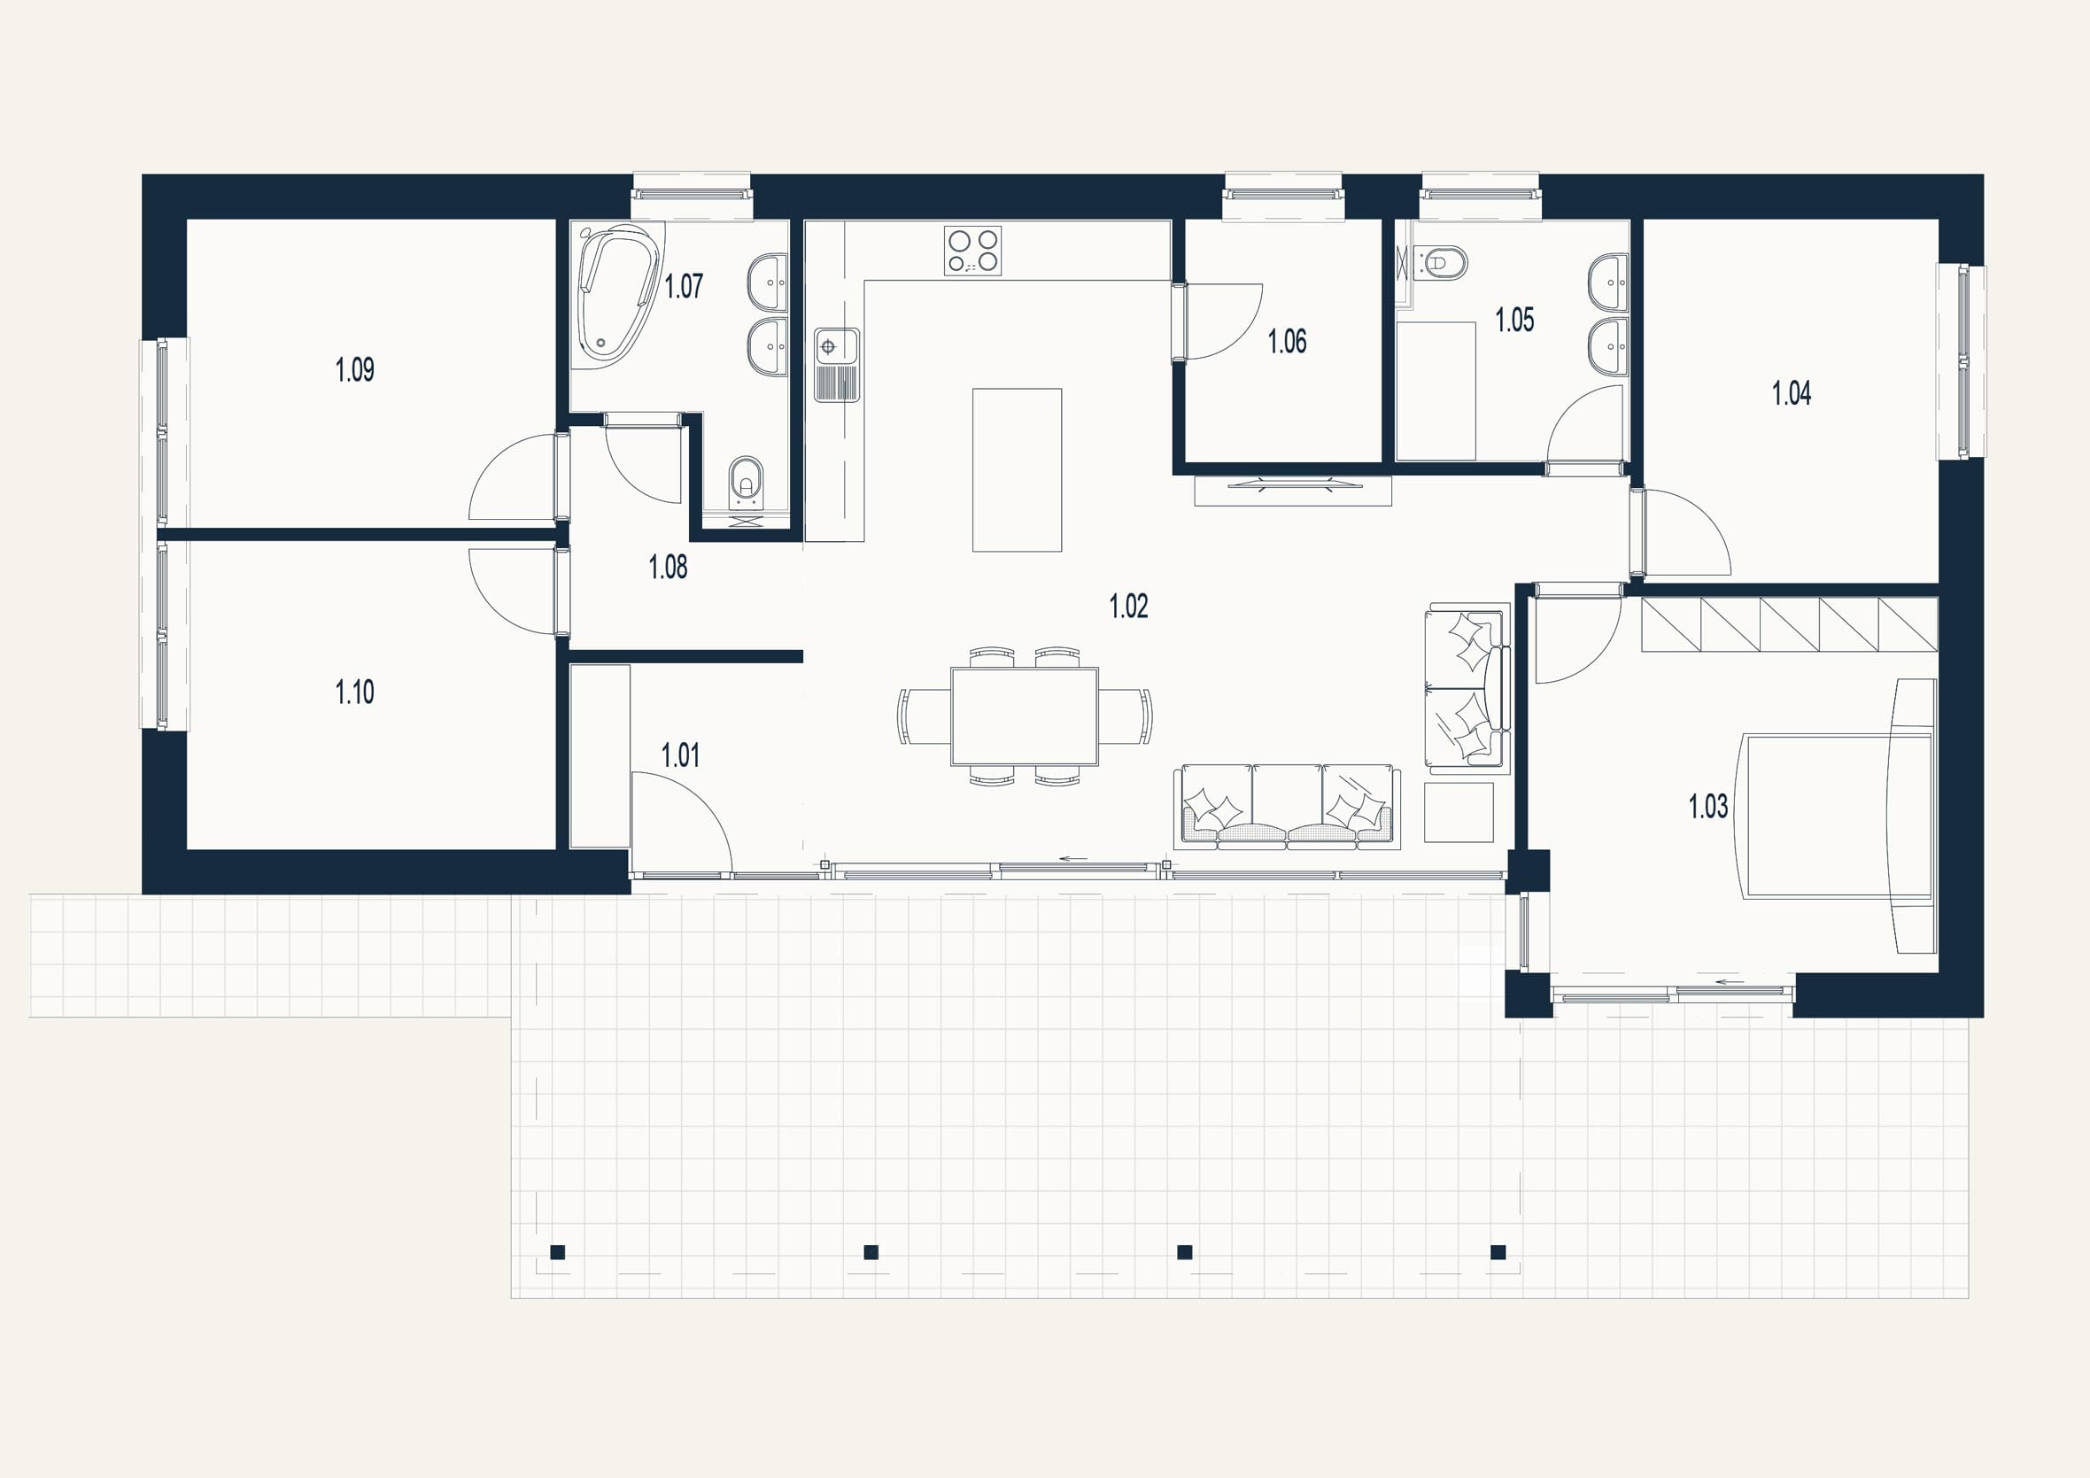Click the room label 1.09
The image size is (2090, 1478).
(355, 369)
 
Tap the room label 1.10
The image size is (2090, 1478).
(355, 693)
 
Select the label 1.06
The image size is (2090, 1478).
(1287, 341)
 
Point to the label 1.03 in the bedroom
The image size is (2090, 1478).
(1707, 807)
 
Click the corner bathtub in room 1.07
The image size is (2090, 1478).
(615, 295)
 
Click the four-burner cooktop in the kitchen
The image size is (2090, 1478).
(973, 251)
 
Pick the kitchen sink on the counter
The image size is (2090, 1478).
(837, 364)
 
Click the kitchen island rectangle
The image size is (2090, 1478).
(1017, 469)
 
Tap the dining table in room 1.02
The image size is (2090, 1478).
(1024, 716)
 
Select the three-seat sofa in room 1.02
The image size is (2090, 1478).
(1287, 807)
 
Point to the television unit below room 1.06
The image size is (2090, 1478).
(1293, 491)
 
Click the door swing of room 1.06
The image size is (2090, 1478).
(1222, 321)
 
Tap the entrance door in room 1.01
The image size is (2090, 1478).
(683, 824)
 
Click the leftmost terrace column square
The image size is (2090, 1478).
(558, 1252)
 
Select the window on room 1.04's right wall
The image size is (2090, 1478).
(1962, 361)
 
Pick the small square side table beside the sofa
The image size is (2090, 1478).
(1459, 812)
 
